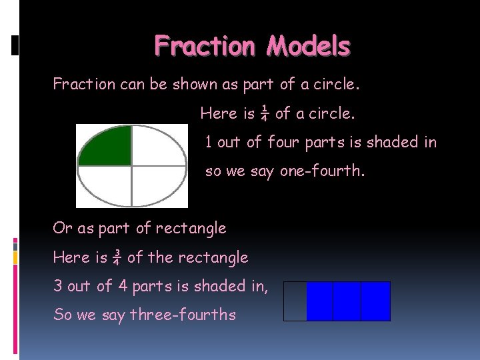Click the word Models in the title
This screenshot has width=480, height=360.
[x=309, y=46]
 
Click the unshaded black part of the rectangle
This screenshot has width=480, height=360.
[x=295, y=301]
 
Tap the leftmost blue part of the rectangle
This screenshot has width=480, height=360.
[x=320, y=301]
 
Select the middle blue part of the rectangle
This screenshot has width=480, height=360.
[x=347, y=301]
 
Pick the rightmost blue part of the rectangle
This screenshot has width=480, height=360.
[x=375, y=301]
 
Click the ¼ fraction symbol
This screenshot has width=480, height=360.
[x=265, y=113]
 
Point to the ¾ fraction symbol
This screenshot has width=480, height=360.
[x=117, y=257]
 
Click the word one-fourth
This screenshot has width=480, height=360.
[x=322, y=171]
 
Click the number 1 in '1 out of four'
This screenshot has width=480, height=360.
[x=209, y=142]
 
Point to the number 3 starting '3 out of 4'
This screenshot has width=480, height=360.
[x=57, y=286]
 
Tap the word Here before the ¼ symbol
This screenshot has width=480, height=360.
[x=219, y=113]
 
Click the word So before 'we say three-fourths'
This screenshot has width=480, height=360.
[x=63, y=315]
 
